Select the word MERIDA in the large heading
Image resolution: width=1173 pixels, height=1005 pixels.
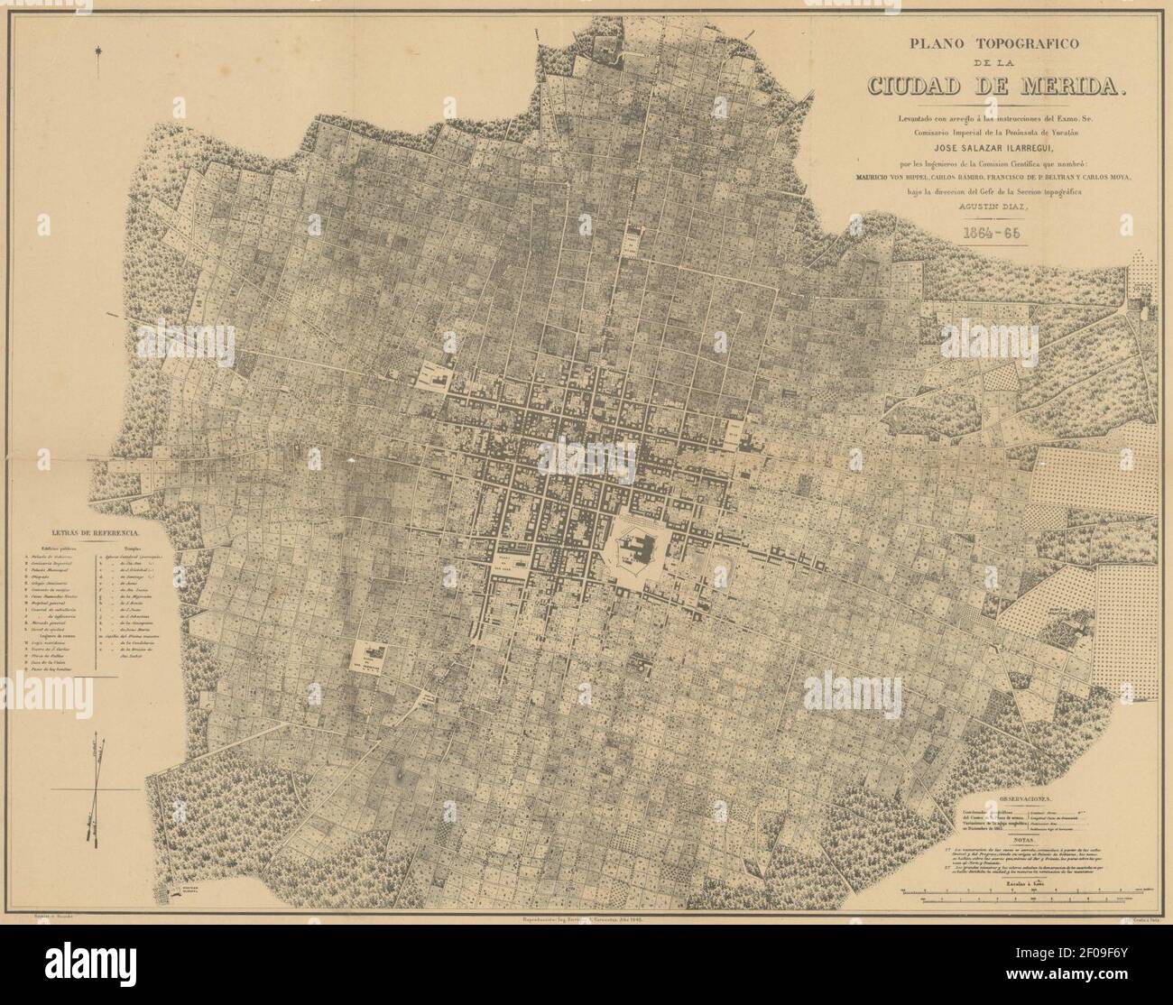click(x=1075, y=86)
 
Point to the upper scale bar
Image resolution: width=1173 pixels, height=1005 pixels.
click(x=1029, y=893)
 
